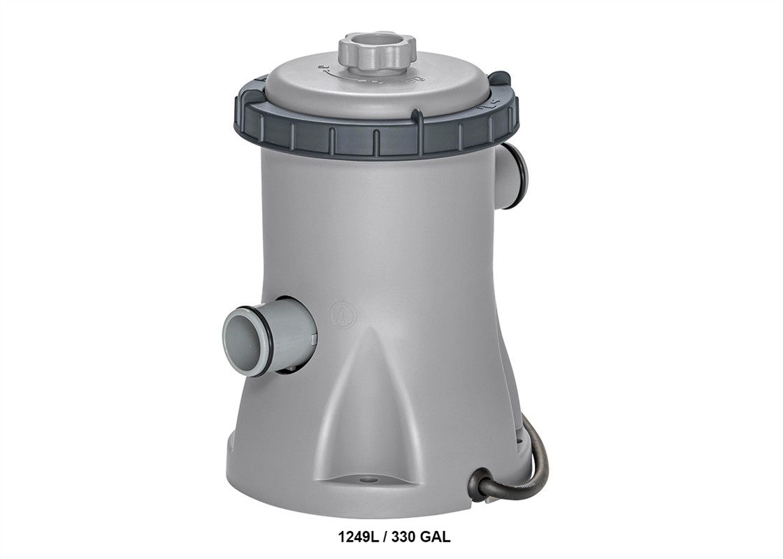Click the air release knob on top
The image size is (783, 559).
click(x=377, y=50)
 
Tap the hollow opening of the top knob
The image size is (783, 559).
click(x=377, y=39)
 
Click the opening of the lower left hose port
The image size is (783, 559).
click(x=240, y=342)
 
